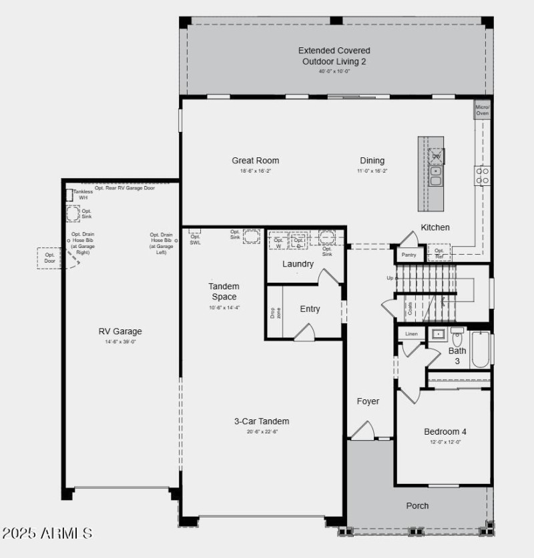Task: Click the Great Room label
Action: (x=255, y=161)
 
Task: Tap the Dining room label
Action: (x=372, y=161)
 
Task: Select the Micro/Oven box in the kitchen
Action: (x=482, y=111)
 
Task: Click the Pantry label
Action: (x=409, y=255)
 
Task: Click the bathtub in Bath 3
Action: (x=480, y=350)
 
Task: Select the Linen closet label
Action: (x=411, y=333)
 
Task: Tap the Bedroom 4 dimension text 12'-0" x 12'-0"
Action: (x=445, y=442)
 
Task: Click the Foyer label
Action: (x=368, y=401)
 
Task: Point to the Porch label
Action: (x=418, y=506)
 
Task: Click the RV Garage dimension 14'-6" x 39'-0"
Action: (x=120, y=342)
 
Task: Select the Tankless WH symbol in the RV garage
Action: (x=69, y=195)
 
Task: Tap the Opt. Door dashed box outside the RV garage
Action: (x=49, y=258)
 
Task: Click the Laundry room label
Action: (x=298, y=264)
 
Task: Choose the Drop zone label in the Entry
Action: (x=274, y=313)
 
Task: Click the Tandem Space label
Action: (x=224, y=292)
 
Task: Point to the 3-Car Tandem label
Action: (x=262, y=421)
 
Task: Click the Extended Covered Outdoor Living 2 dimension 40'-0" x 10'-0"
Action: (x=334, y=71)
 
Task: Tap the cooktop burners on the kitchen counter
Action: (x=482, y=175)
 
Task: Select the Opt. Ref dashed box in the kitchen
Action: (x=439, y=253)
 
